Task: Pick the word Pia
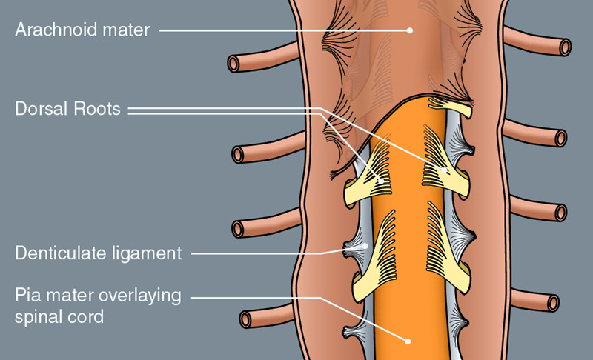tap(28, 296)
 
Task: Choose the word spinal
tap(39, 317)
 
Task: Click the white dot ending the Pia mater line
tap(408, 341)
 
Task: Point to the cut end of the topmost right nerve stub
tap(566, 47)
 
